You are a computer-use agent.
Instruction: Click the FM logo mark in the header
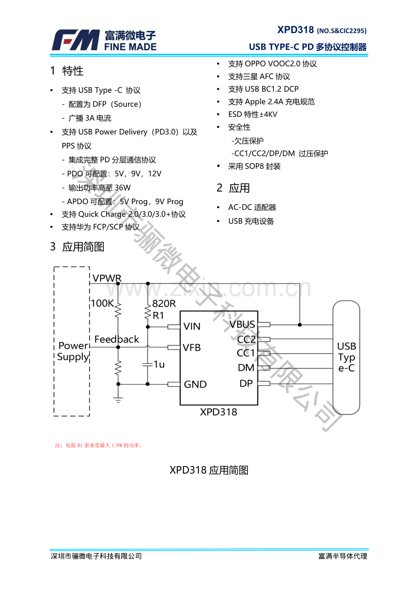75,40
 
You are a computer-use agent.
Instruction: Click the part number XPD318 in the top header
295,30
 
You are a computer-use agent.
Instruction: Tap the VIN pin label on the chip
192,326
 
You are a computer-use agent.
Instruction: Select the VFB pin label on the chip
192,348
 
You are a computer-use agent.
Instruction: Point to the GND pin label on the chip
195,385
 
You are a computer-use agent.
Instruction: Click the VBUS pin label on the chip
243,325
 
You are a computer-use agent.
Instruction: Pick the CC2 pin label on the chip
246,339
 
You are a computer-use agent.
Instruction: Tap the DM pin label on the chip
246,368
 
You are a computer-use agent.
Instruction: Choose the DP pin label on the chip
246,383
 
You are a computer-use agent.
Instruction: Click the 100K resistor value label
102,303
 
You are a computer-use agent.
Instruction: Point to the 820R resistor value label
164,304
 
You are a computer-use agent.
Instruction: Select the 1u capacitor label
159,365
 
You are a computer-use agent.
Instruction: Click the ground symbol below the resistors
118,401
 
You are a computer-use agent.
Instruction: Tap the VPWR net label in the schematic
107,278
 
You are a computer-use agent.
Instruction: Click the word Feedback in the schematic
116,339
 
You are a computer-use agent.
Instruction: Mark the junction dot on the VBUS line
300,325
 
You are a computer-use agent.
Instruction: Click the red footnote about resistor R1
99,446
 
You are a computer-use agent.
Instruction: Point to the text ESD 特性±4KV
253,115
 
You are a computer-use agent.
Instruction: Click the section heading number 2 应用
233,188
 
